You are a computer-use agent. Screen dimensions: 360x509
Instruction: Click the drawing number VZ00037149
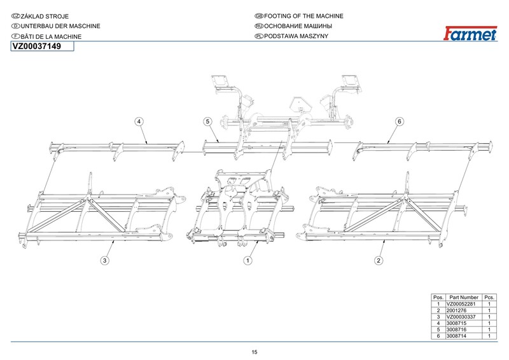point(37,47)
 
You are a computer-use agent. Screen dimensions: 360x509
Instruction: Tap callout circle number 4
point(138,121)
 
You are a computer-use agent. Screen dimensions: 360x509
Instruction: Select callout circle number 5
point(207,121)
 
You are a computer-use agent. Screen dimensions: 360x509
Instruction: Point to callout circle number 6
point(400,121)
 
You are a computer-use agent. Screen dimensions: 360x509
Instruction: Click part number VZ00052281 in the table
point(463,305)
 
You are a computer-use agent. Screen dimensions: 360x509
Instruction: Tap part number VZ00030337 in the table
point(463,317)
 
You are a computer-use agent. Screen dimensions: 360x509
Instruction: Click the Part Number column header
point(463,298)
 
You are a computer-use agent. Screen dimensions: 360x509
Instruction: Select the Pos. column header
point(438,298)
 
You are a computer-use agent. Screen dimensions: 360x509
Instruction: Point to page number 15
point(254,353)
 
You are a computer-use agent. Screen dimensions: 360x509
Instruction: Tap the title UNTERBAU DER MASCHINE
point(55,26)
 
